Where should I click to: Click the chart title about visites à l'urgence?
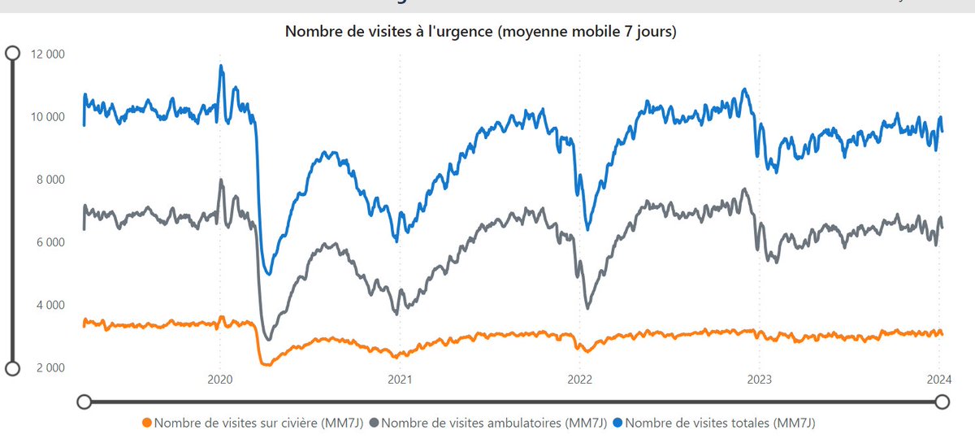(x=480, y=33)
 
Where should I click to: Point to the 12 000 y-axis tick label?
(x=47, y=54)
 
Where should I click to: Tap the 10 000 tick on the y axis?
(x=47, y=117)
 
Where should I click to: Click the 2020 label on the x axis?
(x=220, y=379)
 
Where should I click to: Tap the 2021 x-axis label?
(x=399, y=379)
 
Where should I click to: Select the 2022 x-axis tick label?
(x=579, y=379)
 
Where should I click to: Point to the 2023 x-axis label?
(x=759, y=379)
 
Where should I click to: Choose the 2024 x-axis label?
(x=939, y=379)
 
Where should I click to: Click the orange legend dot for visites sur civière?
(x=146, y=423)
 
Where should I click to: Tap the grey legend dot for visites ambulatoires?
(x=374, y=423)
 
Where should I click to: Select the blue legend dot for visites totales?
(x=619, y=423)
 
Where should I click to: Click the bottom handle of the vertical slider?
(x=13, y=368)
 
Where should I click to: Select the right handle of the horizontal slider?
(x=942, y=402)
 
